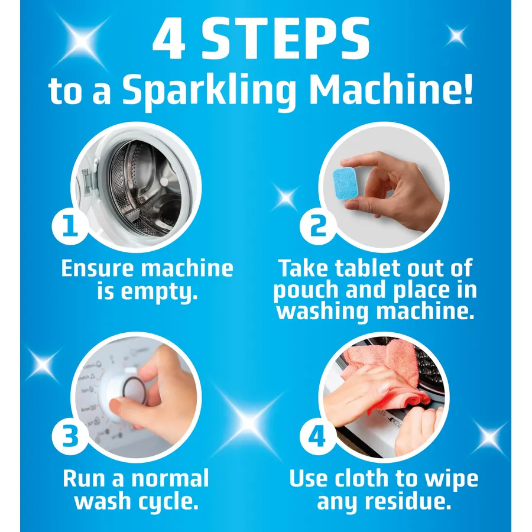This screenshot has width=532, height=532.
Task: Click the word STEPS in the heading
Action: point(286,38)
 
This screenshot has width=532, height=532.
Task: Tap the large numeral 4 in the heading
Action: point(169,38)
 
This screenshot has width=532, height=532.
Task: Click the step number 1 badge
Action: point(70,226)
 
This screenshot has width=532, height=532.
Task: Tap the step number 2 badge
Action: point(318,226)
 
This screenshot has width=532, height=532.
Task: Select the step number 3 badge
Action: point(70,437)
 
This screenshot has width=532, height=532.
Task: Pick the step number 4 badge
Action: point(318,437)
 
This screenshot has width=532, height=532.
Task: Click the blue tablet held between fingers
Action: point(345,184)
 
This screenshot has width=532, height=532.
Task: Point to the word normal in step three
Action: point(170,478)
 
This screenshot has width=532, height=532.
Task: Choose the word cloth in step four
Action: point(362,478)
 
